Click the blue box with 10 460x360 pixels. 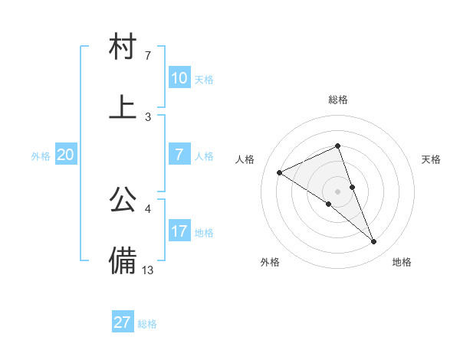coord(179,78)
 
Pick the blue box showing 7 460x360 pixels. coord(179,155)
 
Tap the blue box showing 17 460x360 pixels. coord(179,231)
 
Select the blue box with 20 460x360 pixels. coord(65,155)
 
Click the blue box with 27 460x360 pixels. coord(123,322)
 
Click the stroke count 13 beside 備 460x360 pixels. coord(148,269)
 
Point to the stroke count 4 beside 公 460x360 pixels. coord(148,208)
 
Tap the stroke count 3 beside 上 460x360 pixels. coord(148,116)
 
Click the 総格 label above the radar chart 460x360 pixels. coord(338,100)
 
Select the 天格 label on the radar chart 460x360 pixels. coord(432,159)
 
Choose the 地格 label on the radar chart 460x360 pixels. coord(402,262)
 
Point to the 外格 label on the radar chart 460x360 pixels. coord(270,262)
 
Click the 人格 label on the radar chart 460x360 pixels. coord(245,159)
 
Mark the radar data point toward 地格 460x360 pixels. coord(374,242)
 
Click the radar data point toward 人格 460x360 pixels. coord(280,172)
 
